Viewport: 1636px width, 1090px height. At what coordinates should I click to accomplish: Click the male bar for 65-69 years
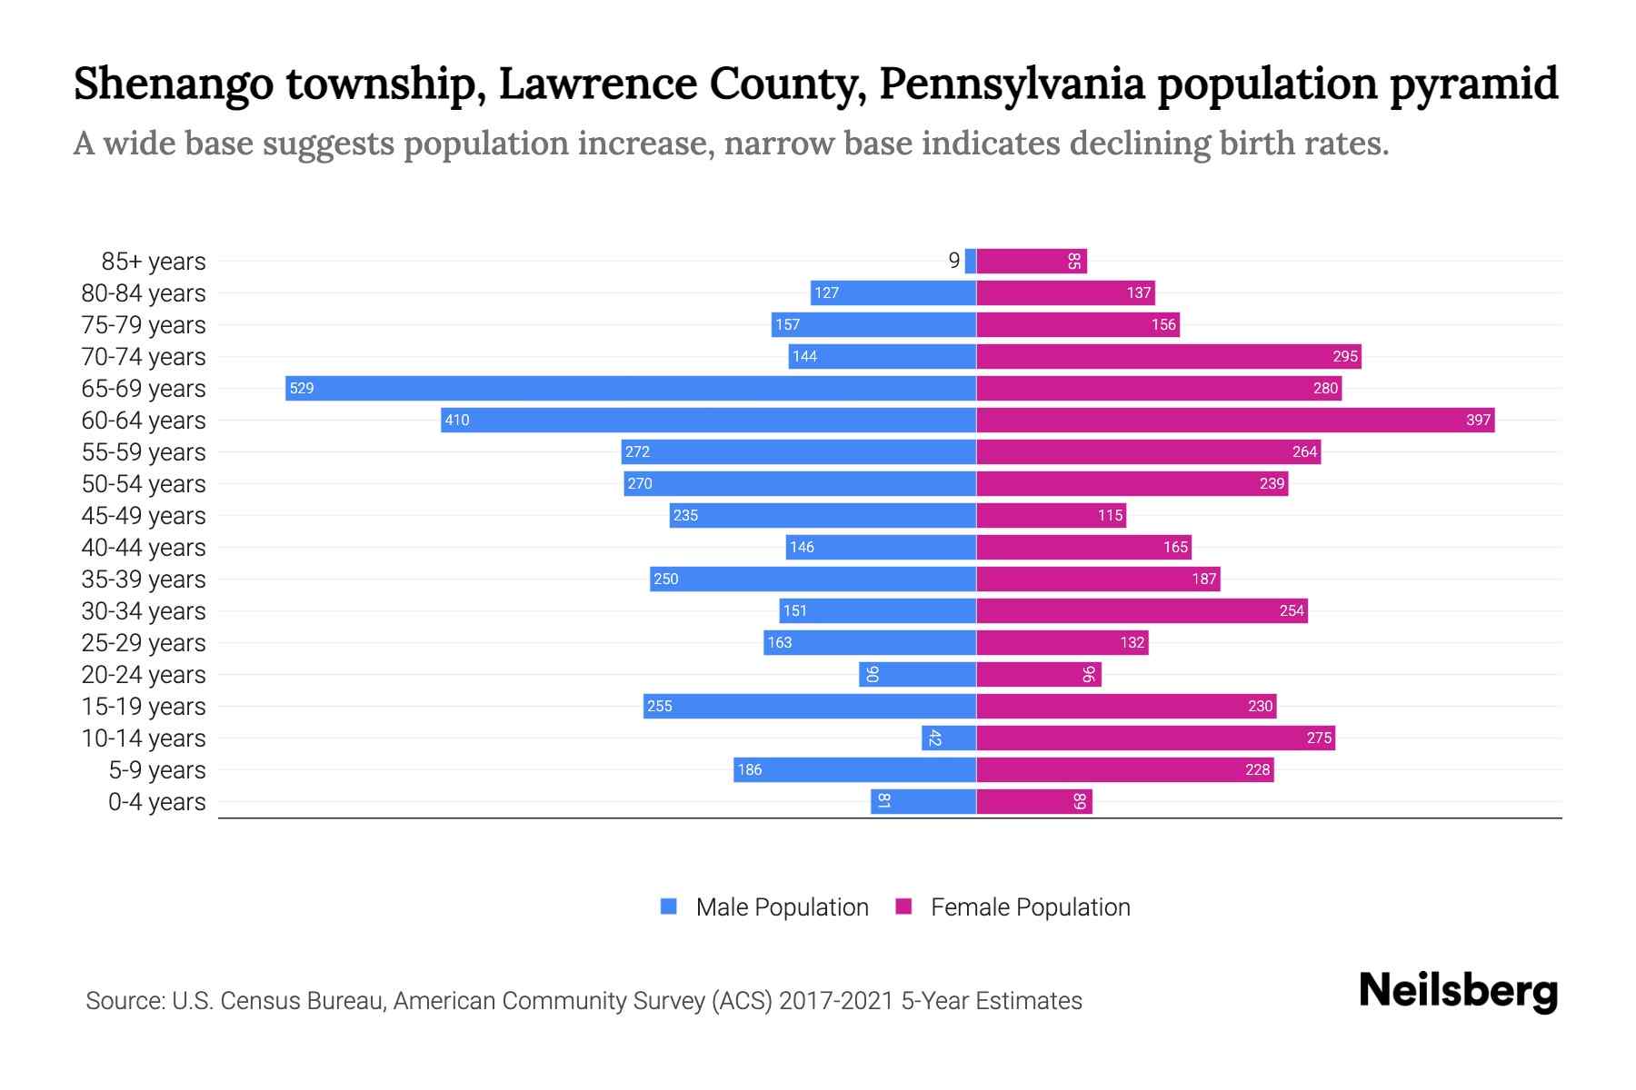click(x=631, y=388)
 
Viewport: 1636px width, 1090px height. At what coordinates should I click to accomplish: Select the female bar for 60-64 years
click(x=1235, y=420)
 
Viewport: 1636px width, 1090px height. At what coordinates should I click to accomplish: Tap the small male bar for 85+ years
click(x=971, y=261)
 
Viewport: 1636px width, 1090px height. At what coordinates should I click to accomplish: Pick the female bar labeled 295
click(x=1169, y=356)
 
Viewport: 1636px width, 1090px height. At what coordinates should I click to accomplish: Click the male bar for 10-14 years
click(x=949, y=738)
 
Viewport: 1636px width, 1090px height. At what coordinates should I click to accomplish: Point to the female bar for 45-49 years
click(x=1052, y=515)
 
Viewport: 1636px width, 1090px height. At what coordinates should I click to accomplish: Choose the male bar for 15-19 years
click(x=810, y=706)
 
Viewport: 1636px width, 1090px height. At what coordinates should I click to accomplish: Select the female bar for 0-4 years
click(x=1034, y=801)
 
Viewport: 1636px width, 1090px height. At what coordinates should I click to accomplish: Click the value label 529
click(x=301, y=389)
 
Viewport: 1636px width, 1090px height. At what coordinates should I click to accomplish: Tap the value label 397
click(x=1478, y=420)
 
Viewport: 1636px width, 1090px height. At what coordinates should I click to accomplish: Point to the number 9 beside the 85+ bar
click(x=953, y=261)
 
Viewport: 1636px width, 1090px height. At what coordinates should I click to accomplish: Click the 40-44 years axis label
click(x=144, y=548)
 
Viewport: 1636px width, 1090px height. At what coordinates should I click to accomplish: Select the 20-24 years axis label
click(x=144, y=675)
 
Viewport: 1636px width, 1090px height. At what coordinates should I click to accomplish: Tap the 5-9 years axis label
click(x=157, y=770)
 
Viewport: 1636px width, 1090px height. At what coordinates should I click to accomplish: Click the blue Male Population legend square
click(x=669, y=907)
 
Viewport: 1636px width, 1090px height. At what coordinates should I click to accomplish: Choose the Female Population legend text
click(x=1030, y=907)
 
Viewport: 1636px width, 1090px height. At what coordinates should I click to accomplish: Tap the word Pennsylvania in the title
click(x=1012, y=84)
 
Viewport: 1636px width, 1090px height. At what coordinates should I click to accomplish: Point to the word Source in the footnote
click(x=124, y=1001)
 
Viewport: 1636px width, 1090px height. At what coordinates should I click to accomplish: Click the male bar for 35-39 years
click(x=813, y=579)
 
